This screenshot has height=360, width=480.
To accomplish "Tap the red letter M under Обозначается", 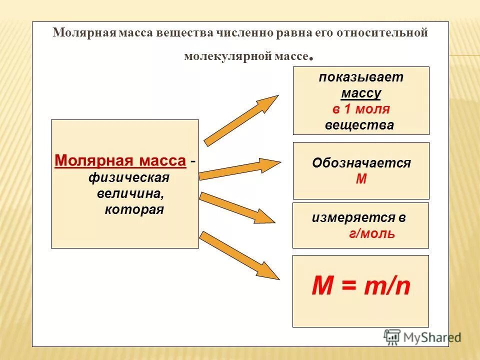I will [x=361, y=179].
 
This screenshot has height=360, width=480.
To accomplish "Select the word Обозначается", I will [x=361, y=163].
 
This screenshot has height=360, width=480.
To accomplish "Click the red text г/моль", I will [x=372, y=233].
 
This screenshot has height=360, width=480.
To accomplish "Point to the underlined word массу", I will [x=361, y=93].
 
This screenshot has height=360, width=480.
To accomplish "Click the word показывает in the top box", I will [x=361, y=77].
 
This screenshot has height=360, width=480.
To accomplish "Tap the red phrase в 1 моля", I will [x=361, y=109].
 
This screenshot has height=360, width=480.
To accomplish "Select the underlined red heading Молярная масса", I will [x=120, y=161].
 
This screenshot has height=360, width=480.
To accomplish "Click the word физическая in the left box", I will [x=129, y=177].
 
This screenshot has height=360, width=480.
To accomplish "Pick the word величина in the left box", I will [x=129, y=193].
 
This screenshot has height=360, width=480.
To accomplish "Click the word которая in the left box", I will [x=134, y=209].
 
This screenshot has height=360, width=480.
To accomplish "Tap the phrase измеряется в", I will [x=358, y=217].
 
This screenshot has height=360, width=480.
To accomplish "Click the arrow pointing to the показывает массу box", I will [x=241, y=120].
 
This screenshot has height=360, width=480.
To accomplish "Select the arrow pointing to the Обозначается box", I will [x=240, y=168].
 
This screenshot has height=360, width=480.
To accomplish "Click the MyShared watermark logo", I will [x=422, y=337].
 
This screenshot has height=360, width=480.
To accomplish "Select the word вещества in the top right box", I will [x=359, y=125].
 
